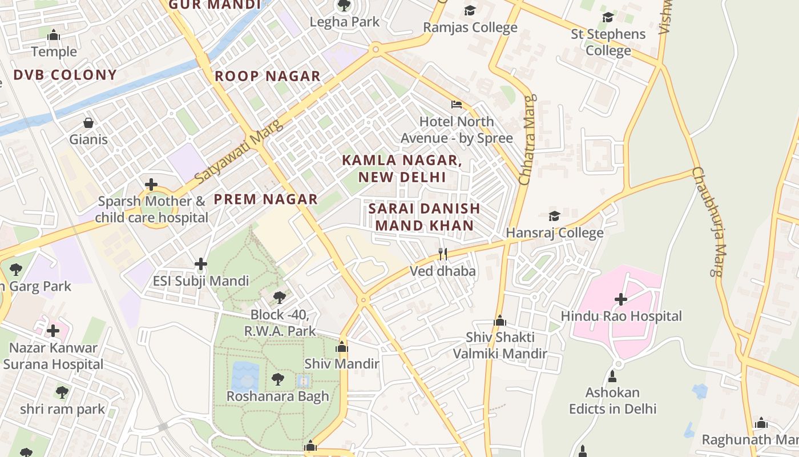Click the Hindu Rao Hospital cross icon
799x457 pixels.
(x=621, y=299)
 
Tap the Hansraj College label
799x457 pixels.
(x=554, y=232)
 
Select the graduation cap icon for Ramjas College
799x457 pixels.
(x=470, y=10)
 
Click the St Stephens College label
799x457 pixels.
(x=608, y=42)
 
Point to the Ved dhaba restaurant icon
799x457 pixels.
(x=442, y=254)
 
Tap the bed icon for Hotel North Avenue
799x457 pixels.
(x=457, y=105)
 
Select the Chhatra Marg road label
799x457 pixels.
(x=526, y=140)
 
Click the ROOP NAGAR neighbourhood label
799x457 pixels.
(x=267, y=76)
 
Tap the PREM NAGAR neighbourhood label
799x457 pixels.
(x=265, y=199)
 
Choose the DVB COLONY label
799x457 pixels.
(x=64, y=75)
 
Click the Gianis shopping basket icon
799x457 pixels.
(x=88, y=123)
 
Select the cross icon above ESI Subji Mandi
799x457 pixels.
(x=200, y=264)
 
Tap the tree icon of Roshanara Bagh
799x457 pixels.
(x=278, y=379)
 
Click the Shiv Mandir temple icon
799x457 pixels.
(x=342, y=347)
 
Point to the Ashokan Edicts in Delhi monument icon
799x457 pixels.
(x=612, y=376)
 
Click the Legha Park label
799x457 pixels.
(x=344, y=22)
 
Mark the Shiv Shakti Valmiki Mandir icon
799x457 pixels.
(x=500, y=320)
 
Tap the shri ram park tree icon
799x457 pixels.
(x=62, y=392)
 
